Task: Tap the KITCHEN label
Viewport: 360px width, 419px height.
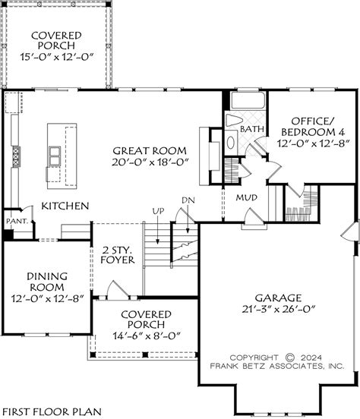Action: click(65, 206)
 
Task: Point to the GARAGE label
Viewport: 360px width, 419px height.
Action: click(279, 298)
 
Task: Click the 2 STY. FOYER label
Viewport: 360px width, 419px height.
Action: click(117, 254)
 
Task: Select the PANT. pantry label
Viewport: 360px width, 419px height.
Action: click(16, 221)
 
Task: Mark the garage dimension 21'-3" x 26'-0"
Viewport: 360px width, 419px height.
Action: click(279, 310)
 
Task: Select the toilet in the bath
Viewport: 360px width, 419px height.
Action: click(233, 121)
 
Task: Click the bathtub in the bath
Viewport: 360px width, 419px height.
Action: click(245, 101)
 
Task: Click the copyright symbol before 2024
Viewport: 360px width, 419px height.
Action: click(290, 356)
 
